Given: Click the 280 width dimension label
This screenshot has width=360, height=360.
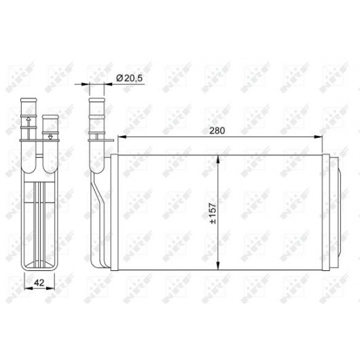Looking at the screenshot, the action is coord(217,130).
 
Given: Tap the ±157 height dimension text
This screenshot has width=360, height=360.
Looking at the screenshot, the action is coord(213,213).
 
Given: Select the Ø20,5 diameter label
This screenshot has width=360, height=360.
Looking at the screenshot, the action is coord(129,78).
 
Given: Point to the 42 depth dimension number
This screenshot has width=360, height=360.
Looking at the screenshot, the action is coord(39,283).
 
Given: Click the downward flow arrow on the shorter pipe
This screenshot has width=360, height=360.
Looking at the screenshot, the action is coord(50,137).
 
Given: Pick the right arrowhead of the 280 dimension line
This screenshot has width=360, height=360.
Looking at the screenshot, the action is coord(318,137).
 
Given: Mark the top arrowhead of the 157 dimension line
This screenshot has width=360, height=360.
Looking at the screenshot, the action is coord(218,160).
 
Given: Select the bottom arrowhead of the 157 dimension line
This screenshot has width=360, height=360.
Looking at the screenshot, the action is coord(218,266).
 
